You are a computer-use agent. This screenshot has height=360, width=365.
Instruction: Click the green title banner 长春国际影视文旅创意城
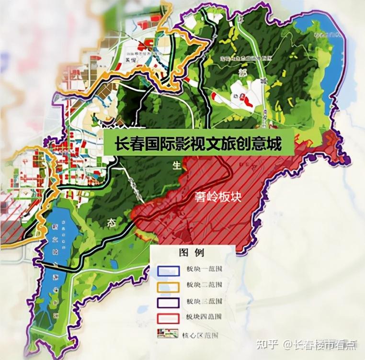(198, 142)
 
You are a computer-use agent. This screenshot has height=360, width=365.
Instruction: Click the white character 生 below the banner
(177, 166)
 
